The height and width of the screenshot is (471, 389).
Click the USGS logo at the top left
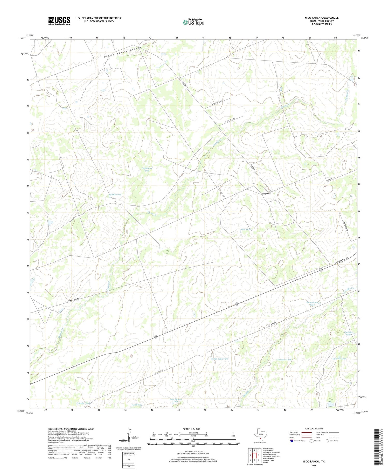(59, 21)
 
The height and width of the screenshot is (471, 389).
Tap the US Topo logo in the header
(193, 22)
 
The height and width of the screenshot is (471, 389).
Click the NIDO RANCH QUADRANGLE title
(321, 18)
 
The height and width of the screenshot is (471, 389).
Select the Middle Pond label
(115, 195)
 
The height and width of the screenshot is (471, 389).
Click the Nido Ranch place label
(266, 194)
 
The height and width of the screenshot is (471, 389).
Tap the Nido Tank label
(245, 229)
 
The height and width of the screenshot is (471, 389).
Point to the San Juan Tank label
(221, 359)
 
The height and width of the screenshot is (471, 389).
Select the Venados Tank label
(284, 360)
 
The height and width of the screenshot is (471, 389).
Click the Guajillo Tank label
(339, 359)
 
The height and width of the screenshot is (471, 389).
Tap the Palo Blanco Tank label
(176, 400)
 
